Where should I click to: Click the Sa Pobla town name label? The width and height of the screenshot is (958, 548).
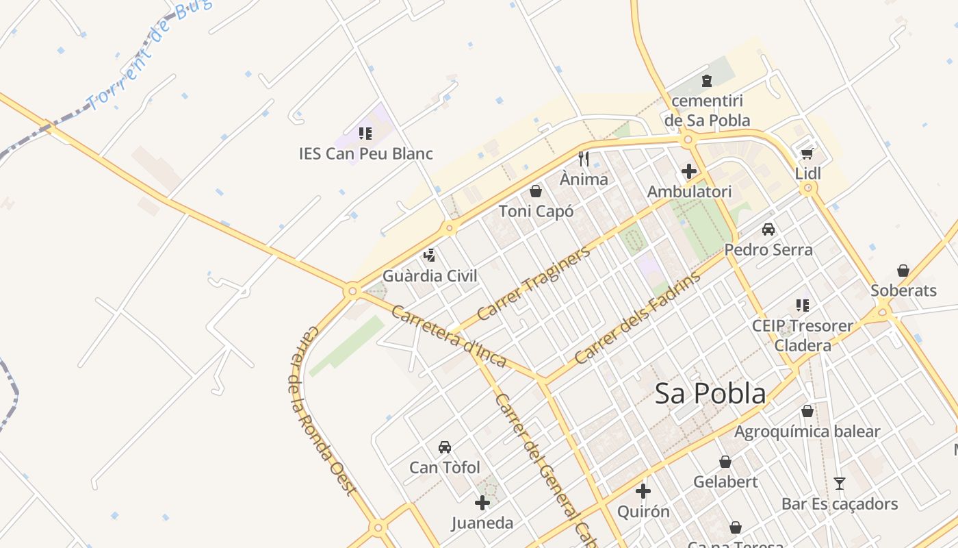[x=710, y=394]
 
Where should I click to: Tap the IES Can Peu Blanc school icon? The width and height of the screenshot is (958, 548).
[x=365, y=133]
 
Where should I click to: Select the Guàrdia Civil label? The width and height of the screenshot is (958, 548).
[x=429, y=276]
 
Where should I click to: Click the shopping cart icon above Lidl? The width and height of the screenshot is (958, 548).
[x=807, y=153]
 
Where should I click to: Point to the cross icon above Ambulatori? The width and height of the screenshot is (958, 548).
[x=689, y=171]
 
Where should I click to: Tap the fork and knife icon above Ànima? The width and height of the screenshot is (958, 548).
[x=583, y=159]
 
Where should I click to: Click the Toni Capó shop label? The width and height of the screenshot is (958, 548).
[x=536, y=211]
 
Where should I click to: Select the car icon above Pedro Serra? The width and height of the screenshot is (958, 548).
[x=768, y=229]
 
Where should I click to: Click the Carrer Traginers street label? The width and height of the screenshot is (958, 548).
[x=533, y=284]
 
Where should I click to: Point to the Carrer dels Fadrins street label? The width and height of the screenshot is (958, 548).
[x=638, y=318]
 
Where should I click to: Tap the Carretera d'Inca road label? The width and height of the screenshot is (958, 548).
[x=448, y=336]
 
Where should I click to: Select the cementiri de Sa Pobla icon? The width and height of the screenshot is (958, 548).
[x=706, y=81]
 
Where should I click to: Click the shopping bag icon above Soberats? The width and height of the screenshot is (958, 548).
[x=903, y=271]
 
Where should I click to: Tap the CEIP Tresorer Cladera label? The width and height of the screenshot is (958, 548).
[x=803, y=335]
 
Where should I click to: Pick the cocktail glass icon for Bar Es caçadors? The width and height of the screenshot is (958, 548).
[x=840, y=483]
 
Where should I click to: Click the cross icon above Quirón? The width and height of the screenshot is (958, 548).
[x=643, y=491]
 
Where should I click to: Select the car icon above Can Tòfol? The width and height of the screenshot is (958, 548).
[x=444, y=447]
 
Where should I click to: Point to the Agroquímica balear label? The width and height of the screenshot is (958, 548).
[x=807, y=432]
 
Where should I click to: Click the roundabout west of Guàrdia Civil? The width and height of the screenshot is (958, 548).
[x=352, y=291]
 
